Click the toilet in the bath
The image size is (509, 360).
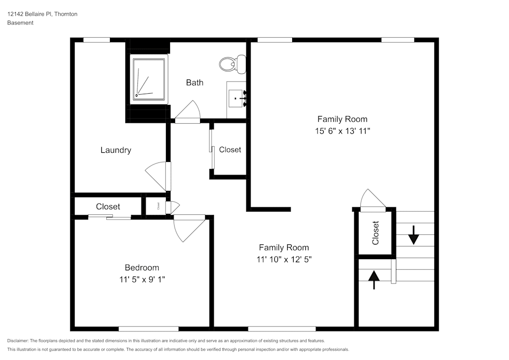pyautogui.click(x=232, y=64)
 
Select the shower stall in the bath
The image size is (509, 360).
pyautogui.click(x=149, y=79)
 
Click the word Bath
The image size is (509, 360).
pyautogui.click(x=194, y=82)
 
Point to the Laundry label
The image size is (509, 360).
pyautogui.click(x=116, y=150)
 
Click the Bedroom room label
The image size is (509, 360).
pyautogui.click(x=142, y=268)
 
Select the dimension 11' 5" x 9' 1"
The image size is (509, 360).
pyautogui.click(x=142, y=280)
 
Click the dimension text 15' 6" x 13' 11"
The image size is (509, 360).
pyautogui.click(x=342, y=131)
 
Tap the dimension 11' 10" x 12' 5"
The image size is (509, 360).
pyautogui.click(x=284, y=259)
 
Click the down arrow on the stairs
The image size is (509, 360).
pyautogui.click(x=413, y=235)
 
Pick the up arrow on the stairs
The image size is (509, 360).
pyautogui.click(x=374, y=279)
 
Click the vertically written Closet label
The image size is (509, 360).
pyautogui.click(x=376, y=233)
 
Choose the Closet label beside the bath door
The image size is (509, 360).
pyautogui.click(x=230, y=150)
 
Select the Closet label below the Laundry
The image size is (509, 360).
pyautogui.click(x=108, y=207)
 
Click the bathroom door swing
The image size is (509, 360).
pyautogui.click(x=189, y=111)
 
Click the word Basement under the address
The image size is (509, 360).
pyautogui.click(x=20, y=23)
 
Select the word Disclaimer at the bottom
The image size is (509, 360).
pyautogui.click(x=18, y=341)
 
